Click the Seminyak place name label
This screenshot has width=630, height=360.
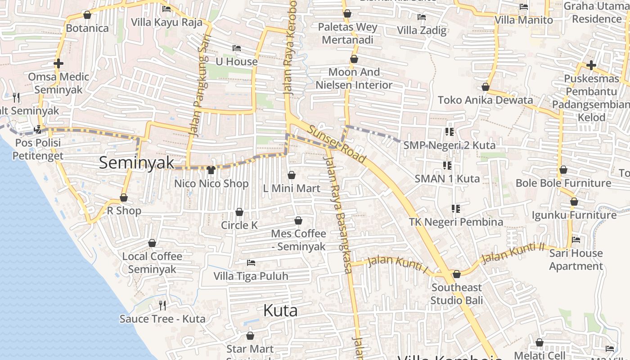coord(136,163)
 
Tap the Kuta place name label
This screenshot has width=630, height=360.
coord(280,310)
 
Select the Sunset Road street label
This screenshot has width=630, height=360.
coord(337,144)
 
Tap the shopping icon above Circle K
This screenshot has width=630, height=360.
coord(239,212)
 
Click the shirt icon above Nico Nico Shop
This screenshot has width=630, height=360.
coord(211,170)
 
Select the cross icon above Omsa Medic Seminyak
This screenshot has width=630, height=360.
coord(58,63)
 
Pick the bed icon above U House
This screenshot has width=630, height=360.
coord(237,48)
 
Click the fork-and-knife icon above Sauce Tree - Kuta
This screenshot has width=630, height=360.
coord(162,306)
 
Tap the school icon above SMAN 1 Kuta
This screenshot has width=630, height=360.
coord(447,166)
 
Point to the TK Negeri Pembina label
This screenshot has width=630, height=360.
coord(456,222)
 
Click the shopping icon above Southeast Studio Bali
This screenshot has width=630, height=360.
coord(457,274)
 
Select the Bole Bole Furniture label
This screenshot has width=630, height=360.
coord(563,183)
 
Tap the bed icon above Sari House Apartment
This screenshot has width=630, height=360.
coord(576,240)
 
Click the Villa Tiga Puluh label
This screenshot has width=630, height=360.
coord(251,276)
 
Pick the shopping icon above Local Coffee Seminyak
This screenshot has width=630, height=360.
coord(152,243)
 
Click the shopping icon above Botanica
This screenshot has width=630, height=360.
coord(87,15)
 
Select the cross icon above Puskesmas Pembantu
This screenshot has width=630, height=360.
coord(591,65)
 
